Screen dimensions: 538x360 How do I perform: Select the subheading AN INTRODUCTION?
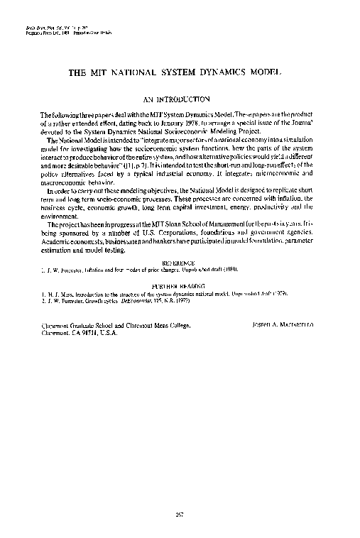pyautogui.click(x=180, y=100)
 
